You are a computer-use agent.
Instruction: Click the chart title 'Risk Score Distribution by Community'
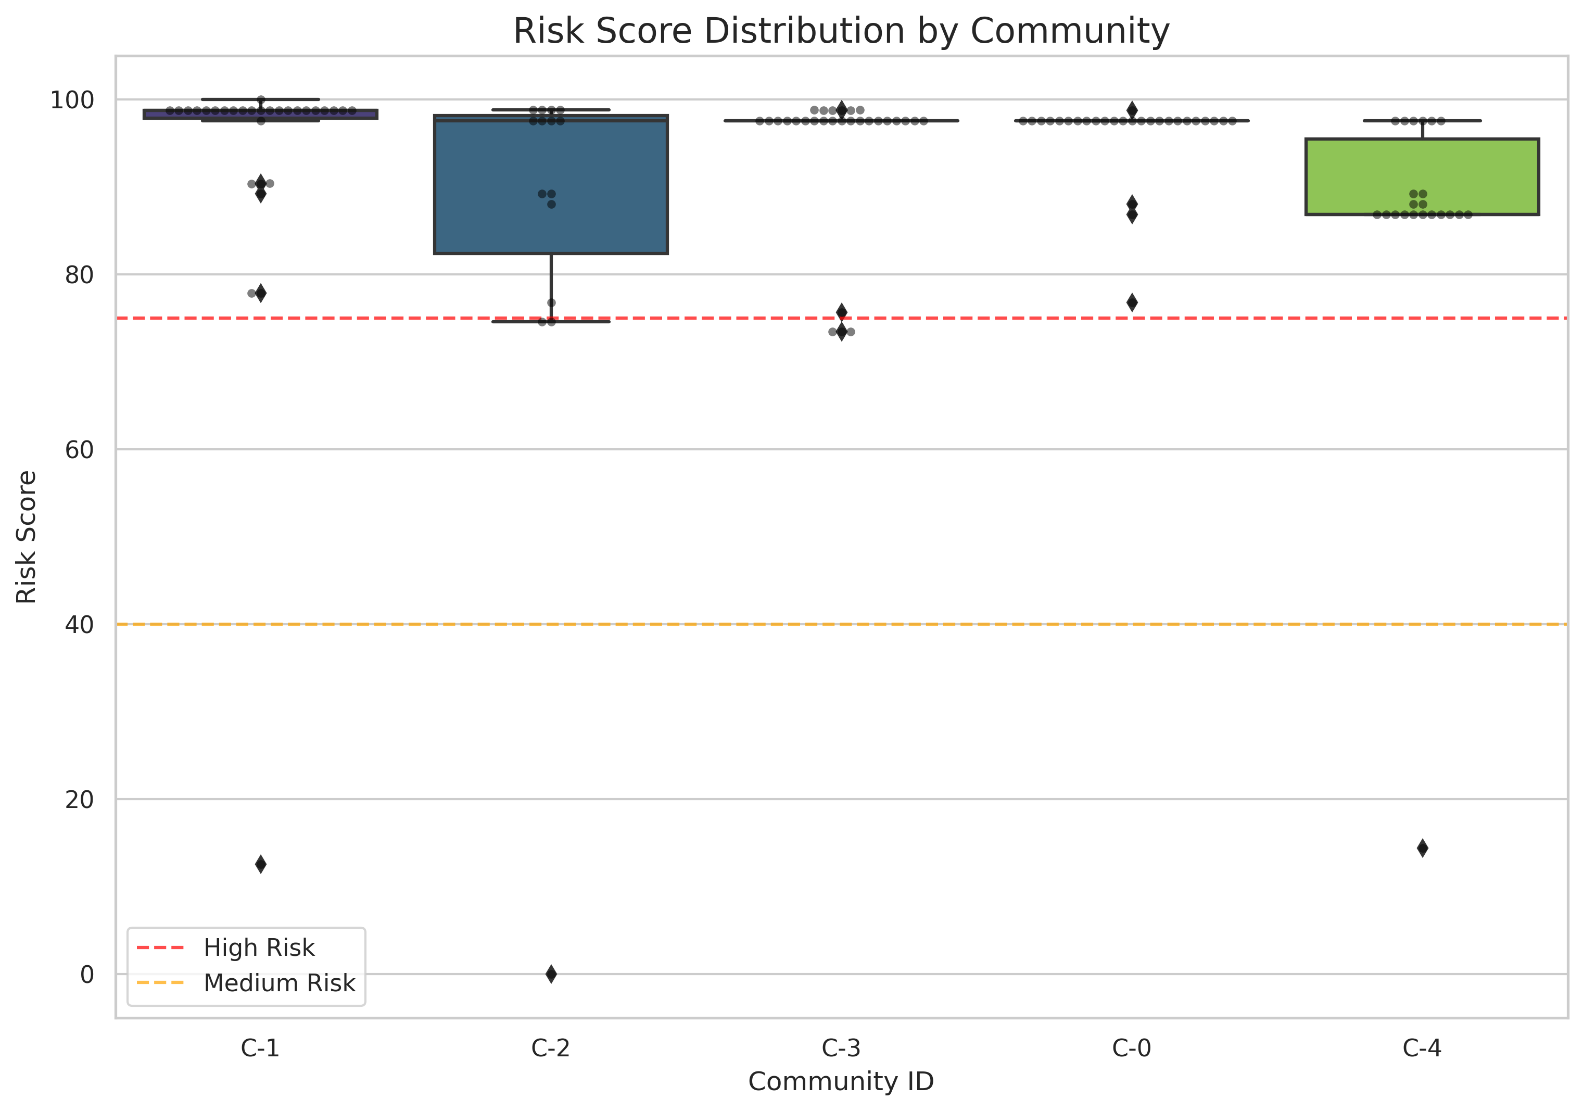click(x=841, y=31)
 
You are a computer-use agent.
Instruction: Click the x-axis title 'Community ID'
click(x=841, y=1081)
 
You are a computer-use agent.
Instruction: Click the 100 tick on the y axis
click(x=72, y=100)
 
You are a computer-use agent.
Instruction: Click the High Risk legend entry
click(x=259, y=948)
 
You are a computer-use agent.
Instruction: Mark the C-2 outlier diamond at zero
click(x=551, y=974)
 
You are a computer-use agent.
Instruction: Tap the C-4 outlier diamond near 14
click(x=1422, y=848)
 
